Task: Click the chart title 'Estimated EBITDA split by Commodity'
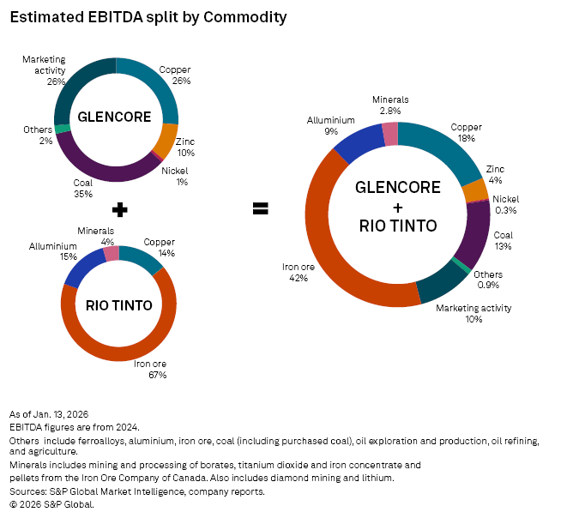click(x=148, y=17)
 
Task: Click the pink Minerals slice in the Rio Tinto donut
click(x=111, y=254)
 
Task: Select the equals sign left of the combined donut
click(x=261, y=208)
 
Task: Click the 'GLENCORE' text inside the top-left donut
click(x=115, y=117)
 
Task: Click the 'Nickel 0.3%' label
click(x=505, y=204)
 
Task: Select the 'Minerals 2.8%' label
click(x=390, y=105)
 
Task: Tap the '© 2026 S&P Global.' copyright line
click(x=51, y=504)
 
